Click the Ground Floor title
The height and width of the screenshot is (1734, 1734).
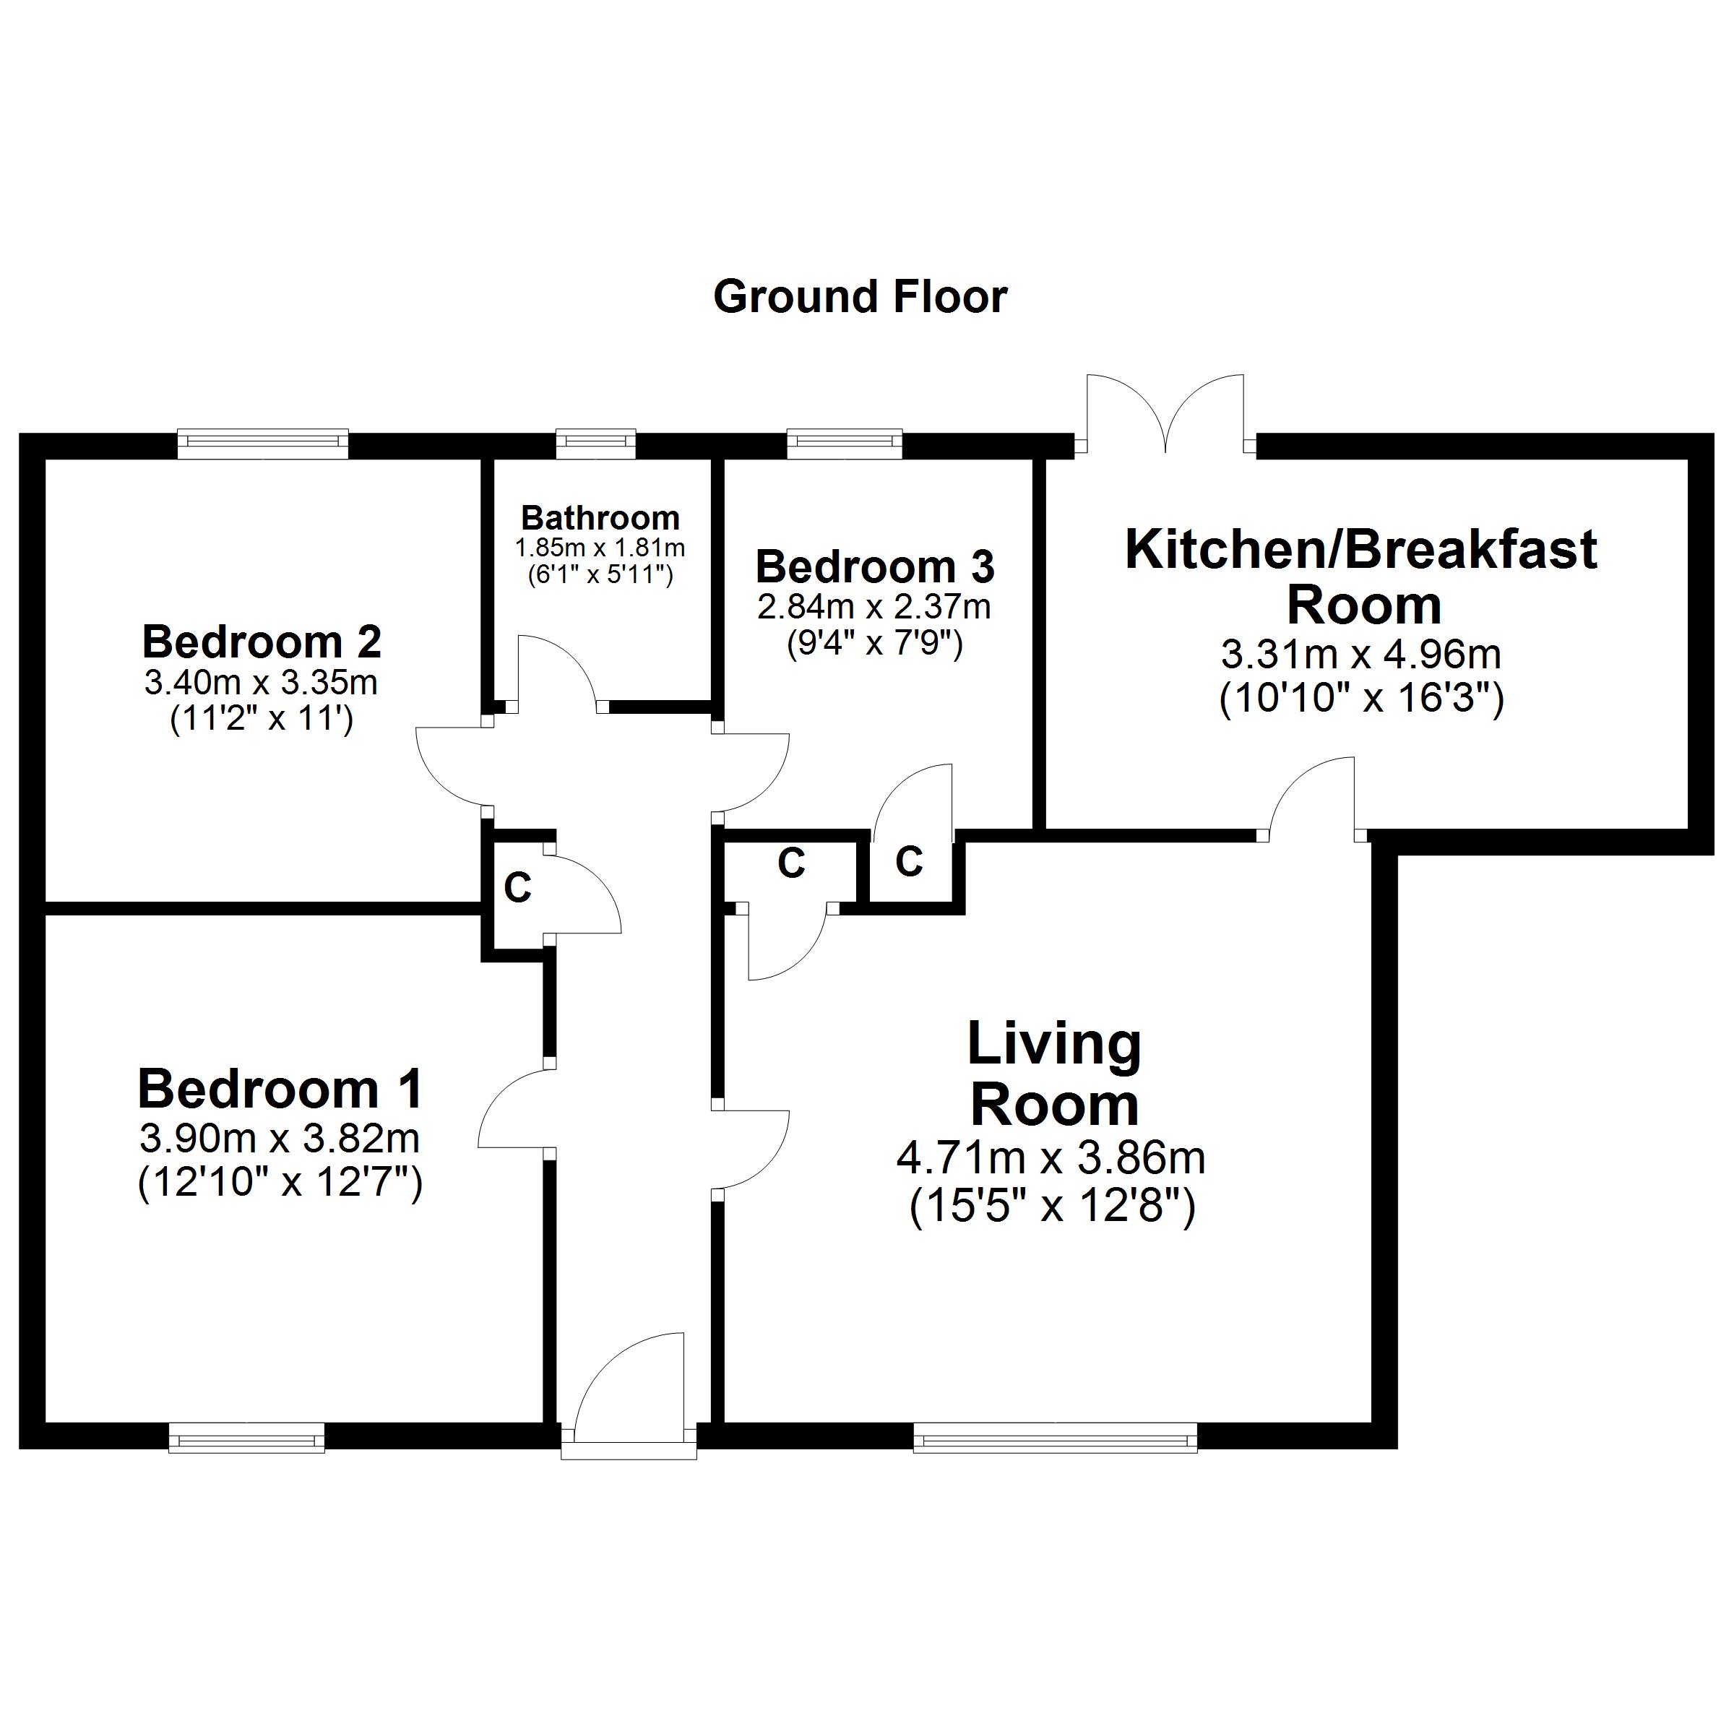point(859,297)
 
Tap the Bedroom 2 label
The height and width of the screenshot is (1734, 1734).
point(261,642)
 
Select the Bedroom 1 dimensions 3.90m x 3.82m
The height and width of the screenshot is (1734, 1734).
point(279,1139)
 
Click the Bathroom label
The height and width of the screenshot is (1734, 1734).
point(600,518)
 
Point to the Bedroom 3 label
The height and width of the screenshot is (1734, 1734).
point(875,567)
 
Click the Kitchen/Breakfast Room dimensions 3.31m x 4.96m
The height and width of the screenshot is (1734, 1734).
point(1360,655)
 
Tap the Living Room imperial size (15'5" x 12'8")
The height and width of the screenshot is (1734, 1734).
point(1052,1207)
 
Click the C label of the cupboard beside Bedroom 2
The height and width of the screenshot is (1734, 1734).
point(518,889)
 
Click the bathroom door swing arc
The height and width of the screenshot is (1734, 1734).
point(556,668)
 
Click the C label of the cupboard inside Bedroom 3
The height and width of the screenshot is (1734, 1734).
point(908,862)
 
